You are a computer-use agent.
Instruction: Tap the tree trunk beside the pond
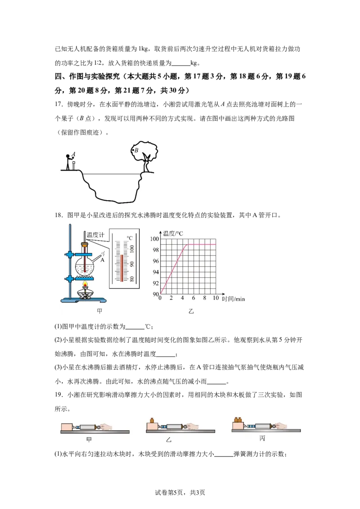(147, 164)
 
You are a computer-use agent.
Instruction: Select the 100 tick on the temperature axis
(154, 239)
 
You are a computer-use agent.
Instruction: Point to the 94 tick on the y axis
(156, 272)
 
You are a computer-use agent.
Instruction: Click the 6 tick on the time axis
(193, 298)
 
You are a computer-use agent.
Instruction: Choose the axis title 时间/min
(233, 299)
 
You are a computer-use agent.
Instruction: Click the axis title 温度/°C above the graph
(173, 233)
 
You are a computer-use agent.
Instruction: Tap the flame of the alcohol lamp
(85, 286)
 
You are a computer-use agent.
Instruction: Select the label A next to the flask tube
(102, 260)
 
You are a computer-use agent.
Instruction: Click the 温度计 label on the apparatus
(95, 235)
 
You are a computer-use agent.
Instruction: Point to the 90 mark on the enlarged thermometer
(131, 264)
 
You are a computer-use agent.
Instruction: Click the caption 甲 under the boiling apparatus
(100, 311)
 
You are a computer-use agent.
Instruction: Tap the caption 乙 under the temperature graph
(191, 311)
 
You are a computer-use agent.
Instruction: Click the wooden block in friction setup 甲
(67, 427)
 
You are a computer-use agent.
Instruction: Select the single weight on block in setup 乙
(152, 420)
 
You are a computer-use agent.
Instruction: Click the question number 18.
(58, 215)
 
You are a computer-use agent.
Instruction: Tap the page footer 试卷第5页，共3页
(180, 492)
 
